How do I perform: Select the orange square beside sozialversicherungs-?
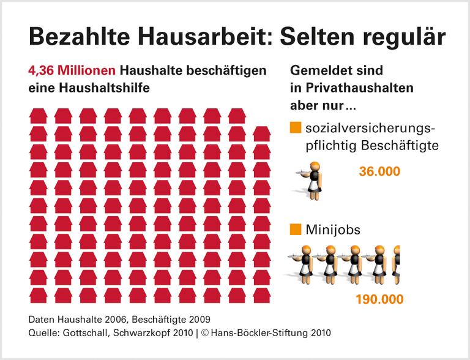coord(295,129)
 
